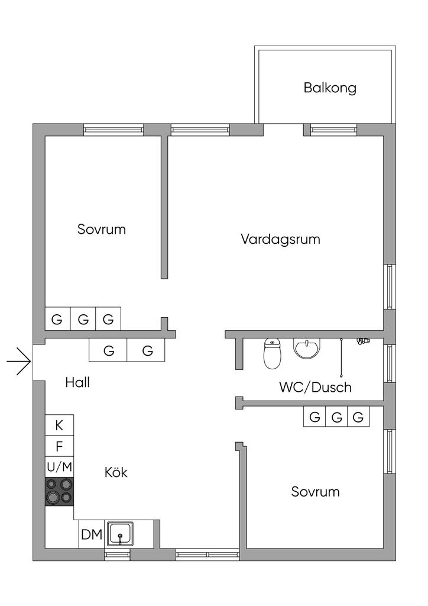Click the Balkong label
pos(330,88)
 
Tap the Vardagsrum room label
pos(281,239)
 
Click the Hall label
pos(77,383)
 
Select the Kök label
pos(116,472)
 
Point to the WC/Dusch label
pos(315,387)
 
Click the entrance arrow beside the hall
pos(18,362)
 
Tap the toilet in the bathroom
pos(273,353)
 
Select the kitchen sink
pos(121,534)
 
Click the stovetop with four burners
pos(60,492)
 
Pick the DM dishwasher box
pos(92,534)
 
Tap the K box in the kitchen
pos(60,425)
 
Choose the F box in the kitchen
pos(60,446)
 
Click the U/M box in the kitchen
pos(60,468)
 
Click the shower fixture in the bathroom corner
pos(362,341)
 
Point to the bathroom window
pos(390,364)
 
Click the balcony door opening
pos(283,130)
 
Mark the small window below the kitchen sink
pos(117,555)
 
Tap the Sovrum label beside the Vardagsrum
pos(102,229)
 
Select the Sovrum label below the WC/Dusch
pos(315,492)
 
